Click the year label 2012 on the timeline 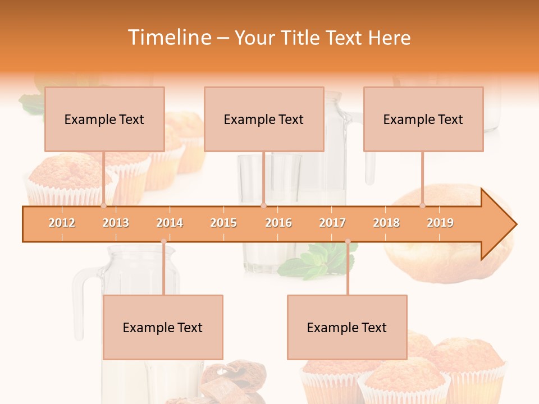point(62,223)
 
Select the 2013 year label point(116,223)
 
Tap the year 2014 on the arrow point(170,223)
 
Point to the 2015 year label point(223,223)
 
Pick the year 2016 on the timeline point(278,223)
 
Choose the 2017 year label point(332,223)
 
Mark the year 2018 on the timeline point(386,223)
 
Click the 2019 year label point(440,223)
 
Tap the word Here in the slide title point(390,38)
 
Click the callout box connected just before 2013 point(104,119)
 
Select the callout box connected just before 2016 point(264,119)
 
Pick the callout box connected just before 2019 point(423,119)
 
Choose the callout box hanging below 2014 point(163,327)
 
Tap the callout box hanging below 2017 point(347,327)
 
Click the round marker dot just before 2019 point(423,205)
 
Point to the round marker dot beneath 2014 point(163,242)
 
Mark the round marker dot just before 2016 point(263,205)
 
